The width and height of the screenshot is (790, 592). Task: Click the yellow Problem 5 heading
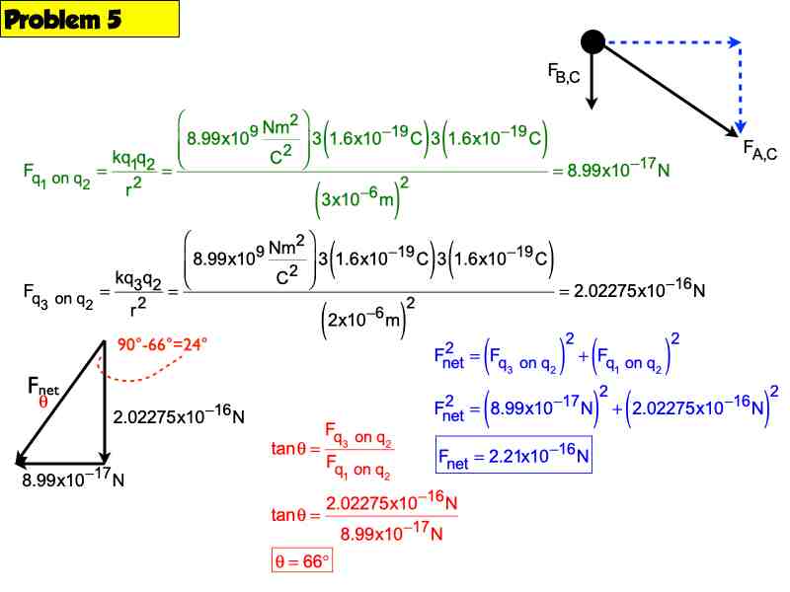pyautogui.click(x=90, y=19)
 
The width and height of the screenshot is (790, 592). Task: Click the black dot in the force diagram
pyautogui.click(x=592, y=41)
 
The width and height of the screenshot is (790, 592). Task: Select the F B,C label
pyautogui.click(x=564, y=73)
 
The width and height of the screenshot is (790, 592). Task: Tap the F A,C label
pyautogui.click(x=759, y=150)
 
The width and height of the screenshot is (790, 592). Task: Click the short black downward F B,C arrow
pyautogui.click(x=592, y=81)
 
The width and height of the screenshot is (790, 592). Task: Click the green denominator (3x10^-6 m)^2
pyautogui.click(x=361, y=197)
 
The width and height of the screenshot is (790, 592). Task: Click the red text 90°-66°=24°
pyautogui.click(x=162, y=344)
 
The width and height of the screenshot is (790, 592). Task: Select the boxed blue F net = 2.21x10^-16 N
pyautogui.click(x=513, y=455)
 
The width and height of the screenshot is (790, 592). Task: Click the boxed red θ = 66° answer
pyautogui.click(x=302, y=560)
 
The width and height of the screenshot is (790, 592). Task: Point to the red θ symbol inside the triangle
pyautogui.click(x=43, y=401)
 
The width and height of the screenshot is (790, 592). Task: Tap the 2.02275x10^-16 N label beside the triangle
pyautogui.click(x=179, y=414)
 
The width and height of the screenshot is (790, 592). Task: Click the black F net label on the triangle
pyautogui.click(x=42, y=387)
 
